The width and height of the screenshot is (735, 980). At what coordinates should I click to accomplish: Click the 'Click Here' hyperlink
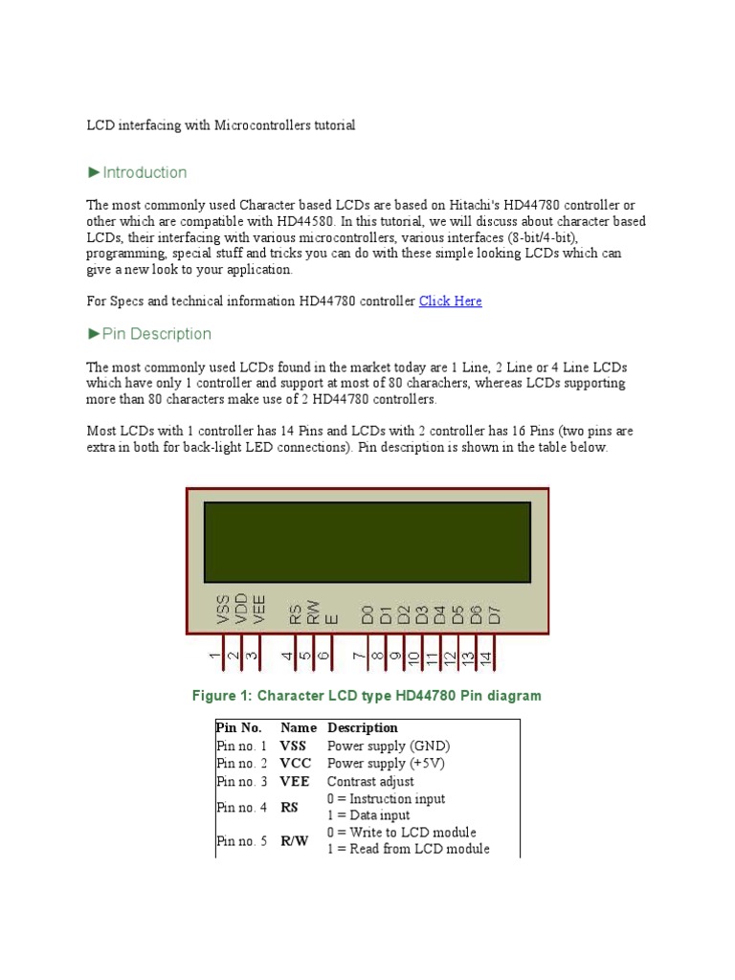tap(450, 301)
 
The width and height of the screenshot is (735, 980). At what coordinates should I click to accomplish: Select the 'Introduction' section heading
tap(145, 173)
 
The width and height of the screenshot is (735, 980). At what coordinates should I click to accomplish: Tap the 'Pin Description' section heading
tap(156, 334)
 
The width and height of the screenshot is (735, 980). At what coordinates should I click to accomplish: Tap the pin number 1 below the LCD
tap(215, 657)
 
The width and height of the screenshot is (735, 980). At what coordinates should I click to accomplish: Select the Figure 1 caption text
tap(367, 696)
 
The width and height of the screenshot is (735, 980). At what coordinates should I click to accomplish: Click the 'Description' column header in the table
tap(363, 728)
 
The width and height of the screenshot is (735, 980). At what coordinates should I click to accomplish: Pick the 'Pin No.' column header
tap(239, 728)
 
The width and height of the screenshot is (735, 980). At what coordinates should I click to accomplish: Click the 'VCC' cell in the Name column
tap(294, 764)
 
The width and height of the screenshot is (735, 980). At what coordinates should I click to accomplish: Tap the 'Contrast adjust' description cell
tap(370, 782)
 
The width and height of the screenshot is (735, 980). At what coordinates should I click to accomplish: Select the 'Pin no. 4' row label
tap(242, 808)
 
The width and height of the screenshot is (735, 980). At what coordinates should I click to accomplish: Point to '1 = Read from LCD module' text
tap(408, 849)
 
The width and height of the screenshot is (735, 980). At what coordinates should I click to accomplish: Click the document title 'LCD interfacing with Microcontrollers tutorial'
tap(221, 125)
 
